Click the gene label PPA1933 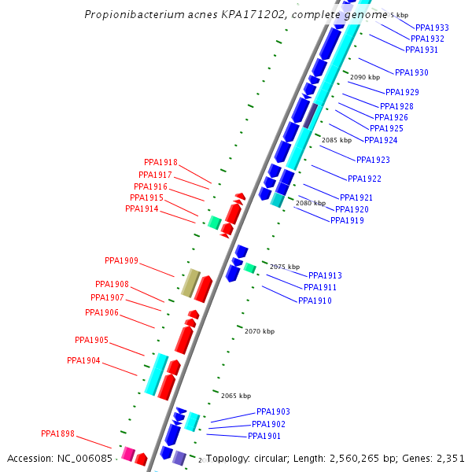(x=432, y=28)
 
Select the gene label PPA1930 (x=411, y=72)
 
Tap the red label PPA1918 (x=160, y=163)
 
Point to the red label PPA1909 (x=121, y=260)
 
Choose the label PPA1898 (x=57, y=433)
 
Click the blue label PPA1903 (x=273, y=411)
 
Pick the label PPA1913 (x=325, y=275)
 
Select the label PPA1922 (x=364, y=179)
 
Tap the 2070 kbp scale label (x=260, y=331)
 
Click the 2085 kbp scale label (x=337, y=140)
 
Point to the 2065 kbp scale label (x=236, y=396)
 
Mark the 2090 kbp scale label (x=365, y=77)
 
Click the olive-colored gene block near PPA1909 (x=190, y=282)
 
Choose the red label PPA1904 (x=83, y=360)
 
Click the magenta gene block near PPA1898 (x=127, y=453)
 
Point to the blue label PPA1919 (x=347, y=220)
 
